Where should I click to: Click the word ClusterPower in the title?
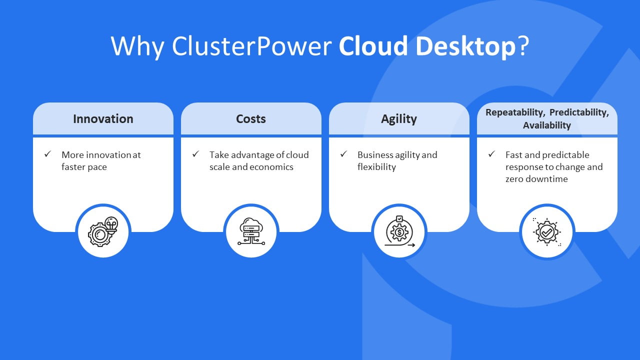[x=252, y=46]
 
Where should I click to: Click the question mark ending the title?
[x=523, y=46]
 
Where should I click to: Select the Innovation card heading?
[x=103, y=119]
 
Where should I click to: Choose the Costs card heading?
[x=251, y=119]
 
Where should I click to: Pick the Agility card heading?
[x=398, y=119]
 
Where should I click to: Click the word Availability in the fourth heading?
[x=547, y=125]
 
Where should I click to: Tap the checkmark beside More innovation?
[x=48, y=154]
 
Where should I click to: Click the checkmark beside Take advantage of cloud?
[x=196, y=154]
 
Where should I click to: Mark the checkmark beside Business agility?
[x=343, y=154]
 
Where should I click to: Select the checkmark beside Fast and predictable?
[x=492, y=154]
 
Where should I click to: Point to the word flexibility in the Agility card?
[x=376, y=167]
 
